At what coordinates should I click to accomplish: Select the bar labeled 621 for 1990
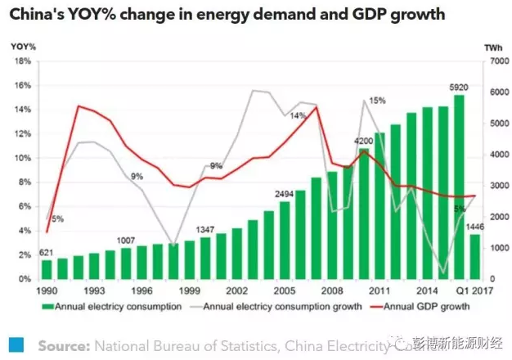pos(47,268)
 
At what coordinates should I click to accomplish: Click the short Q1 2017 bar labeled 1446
pos(474,257)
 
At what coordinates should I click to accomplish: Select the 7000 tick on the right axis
pos(495,61)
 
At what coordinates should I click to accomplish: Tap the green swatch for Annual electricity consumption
pos(49,308)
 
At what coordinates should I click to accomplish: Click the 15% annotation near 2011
pos(377,101)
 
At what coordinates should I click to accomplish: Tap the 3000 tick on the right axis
pos(495,186)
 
